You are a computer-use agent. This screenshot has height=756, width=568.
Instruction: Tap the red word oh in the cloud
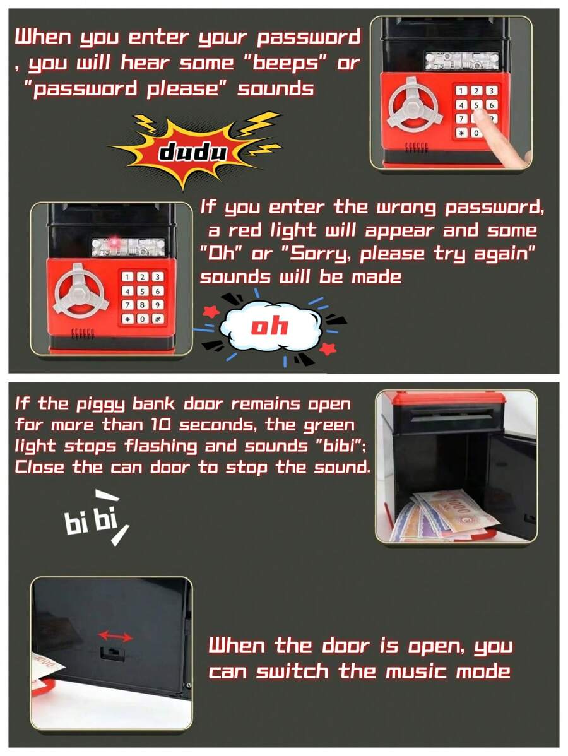click(x=269, y=326)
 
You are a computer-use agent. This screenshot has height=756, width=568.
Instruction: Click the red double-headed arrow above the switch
click(x=114, y=636)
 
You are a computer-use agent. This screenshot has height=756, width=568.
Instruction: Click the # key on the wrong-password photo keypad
click(x=156, y=319)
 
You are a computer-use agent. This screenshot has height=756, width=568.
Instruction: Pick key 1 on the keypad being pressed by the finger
click(x=462, y=92)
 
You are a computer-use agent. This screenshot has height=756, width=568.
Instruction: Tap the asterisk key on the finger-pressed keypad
click(x=462, y=133)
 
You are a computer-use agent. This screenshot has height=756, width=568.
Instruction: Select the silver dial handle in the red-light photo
click(x=78, y=292)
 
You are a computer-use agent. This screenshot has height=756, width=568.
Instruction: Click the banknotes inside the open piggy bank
click(x=442, y=514)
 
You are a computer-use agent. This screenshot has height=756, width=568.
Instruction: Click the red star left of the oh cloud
click(x=211, y=311)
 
